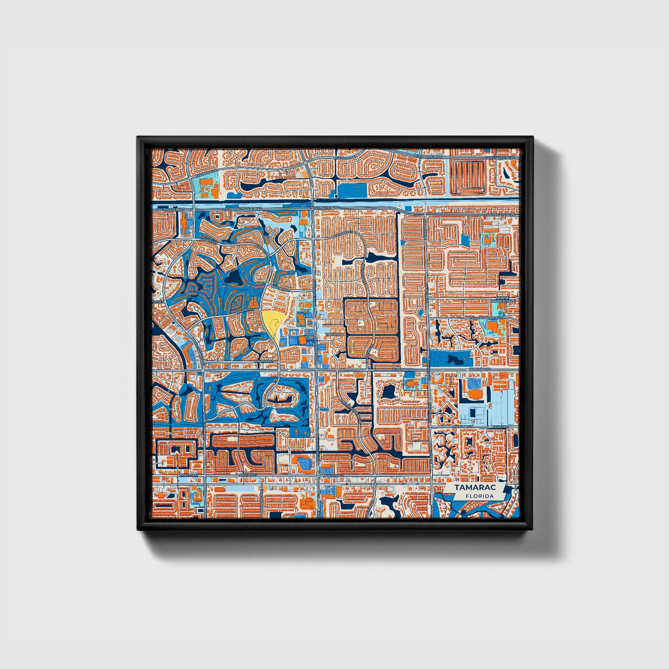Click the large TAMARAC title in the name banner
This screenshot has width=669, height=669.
pyautogui.click(x=474, y=488)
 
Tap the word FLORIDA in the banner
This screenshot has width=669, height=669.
pyautogui.click(x=479, y=496)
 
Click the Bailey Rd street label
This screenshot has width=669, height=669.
pyautogui.click(x=500, y=426)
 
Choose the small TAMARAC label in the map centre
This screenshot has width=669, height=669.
pyautogui.click(x=334, y=334)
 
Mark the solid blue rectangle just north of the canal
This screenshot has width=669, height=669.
pyautogui.click(x=351, y=190)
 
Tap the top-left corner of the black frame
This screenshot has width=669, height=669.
pyautogui.click(x=138, y=138)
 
